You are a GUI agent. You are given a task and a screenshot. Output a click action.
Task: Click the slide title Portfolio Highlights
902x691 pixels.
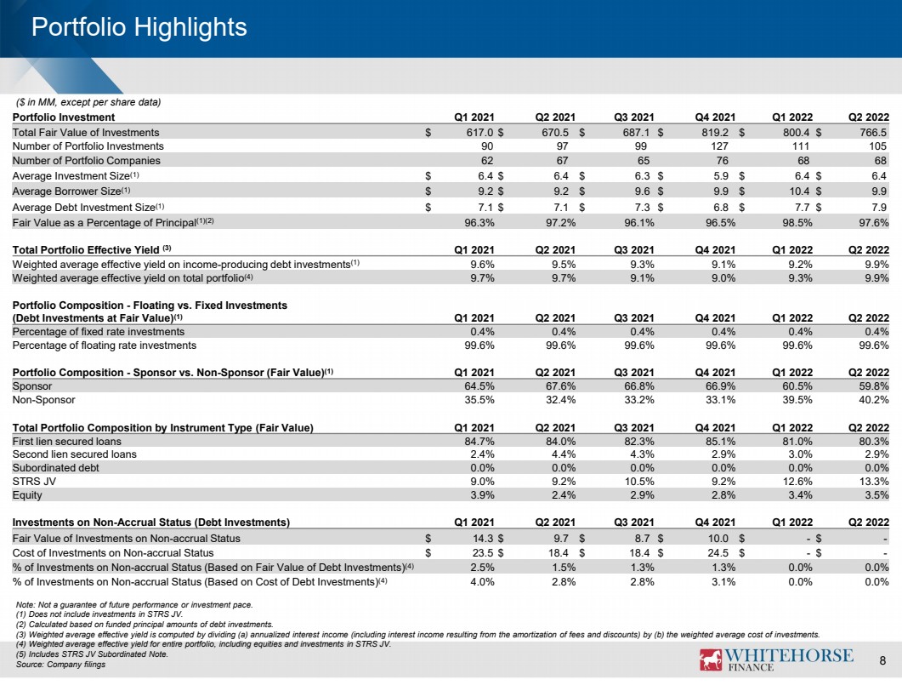[139, 27]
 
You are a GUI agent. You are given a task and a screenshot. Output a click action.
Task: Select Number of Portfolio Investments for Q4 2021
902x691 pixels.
[719, 146]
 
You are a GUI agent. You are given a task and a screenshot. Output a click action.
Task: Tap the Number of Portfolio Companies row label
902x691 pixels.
[86, 161]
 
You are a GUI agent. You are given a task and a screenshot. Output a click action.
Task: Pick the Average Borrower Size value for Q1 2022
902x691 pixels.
[799, 191]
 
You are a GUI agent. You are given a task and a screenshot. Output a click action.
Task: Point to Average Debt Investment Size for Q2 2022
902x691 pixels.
[879, 208]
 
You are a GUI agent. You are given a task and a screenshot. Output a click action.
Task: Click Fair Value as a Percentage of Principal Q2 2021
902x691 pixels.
[560, 223]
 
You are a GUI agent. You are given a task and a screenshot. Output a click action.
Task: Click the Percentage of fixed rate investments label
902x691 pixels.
[99, 332]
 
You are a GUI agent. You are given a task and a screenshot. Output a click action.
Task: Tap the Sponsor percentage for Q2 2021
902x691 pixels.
[560, 386]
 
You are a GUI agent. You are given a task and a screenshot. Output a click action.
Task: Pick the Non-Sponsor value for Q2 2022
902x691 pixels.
[873, 400]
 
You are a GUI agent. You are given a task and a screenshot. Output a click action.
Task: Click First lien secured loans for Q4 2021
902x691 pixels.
[720, 442]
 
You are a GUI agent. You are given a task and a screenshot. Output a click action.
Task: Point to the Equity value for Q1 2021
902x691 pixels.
[482, 495]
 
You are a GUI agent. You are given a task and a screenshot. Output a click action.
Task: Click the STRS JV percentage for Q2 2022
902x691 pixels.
[873, 482]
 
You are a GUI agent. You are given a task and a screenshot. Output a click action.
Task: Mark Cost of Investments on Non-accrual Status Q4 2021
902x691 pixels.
[718, 553]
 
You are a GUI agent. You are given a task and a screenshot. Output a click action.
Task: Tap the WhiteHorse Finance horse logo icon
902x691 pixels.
[711, 660]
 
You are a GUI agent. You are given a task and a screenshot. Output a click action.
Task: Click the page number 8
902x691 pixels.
[882, 660]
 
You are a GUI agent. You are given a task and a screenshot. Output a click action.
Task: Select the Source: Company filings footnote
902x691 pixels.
[60, 665]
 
